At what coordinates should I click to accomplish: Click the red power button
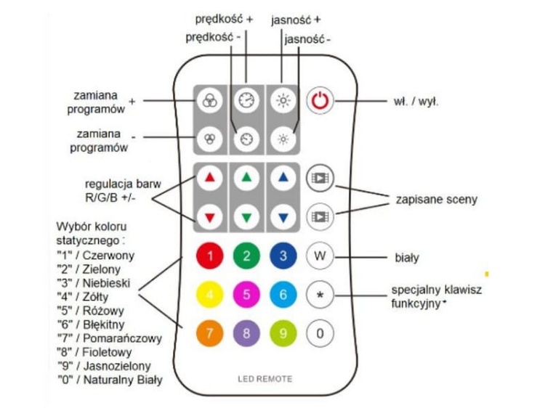click(320, 102)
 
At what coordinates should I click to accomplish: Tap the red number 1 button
click(210, 256)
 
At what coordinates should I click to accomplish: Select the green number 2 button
click(246, 256)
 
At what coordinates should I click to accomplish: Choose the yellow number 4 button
click(210, 295)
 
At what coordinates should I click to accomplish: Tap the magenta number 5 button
click(246, 295)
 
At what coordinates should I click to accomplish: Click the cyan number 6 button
click(283, 295)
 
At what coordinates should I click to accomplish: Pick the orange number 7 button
click(210, 333)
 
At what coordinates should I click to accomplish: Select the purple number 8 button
click(246, 333)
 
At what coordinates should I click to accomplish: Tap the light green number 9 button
click(283, 333)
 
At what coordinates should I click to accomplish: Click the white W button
click(319, 256)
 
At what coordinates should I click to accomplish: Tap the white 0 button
click(319, 333)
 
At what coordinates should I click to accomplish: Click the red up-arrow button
click(210, 176)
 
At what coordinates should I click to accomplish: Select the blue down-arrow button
click(283, 216)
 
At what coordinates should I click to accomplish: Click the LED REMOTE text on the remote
click(265, 379)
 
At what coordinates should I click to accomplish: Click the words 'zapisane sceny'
click(431, 197)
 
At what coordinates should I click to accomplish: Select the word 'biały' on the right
click(407, 256)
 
